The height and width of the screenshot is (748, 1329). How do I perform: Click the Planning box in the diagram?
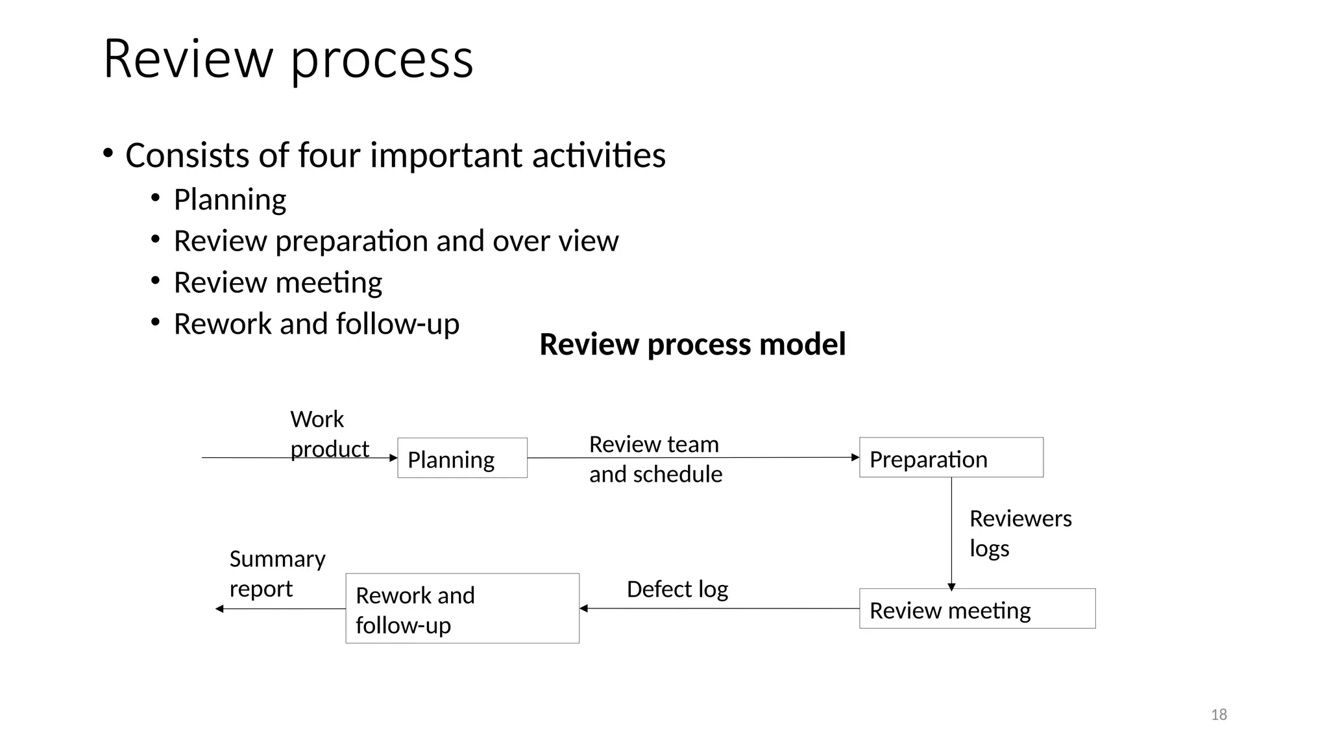462,458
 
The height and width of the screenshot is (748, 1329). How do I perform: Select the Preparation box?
951,458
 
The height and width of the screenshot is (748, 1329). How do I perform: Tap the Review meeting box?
977,609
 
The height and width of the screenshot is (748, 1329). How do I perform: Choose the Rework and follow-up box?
462,609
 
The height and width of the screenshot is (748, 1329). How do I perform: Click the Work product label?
328,434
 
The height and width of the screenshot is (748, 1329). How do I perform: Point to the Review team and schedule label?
655,459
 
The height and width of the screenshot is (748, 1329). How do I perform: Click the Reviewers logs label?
1019,533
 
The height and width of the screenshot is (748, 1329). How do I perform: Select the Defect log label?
677,590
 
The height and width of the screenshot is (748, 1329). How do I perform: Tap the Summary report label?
277,573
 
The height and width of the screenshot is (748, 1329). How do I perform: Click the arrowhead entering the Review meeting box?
951,586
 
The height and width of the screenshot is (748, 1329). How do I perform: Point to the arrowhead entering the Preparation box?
855,458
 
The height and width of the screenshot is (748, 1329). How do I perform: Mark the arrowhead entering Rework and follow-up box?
584,608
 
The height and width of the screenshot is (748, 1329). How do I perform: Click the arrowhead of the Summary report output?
220,608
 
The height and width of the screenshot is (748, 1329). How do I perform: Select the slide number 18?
1219,715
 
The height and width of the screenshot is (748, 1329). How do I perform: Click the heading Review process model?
692,344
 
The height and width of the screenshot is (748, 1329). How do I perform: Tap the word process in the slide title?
382,60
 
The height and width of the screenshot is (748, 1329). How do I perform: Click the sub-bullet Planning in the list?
230,199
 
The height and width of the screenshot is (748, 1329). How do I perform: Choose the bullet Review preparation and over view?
396,241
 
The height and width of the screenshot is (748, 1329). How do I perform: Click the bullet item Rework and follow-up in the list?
316,324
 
